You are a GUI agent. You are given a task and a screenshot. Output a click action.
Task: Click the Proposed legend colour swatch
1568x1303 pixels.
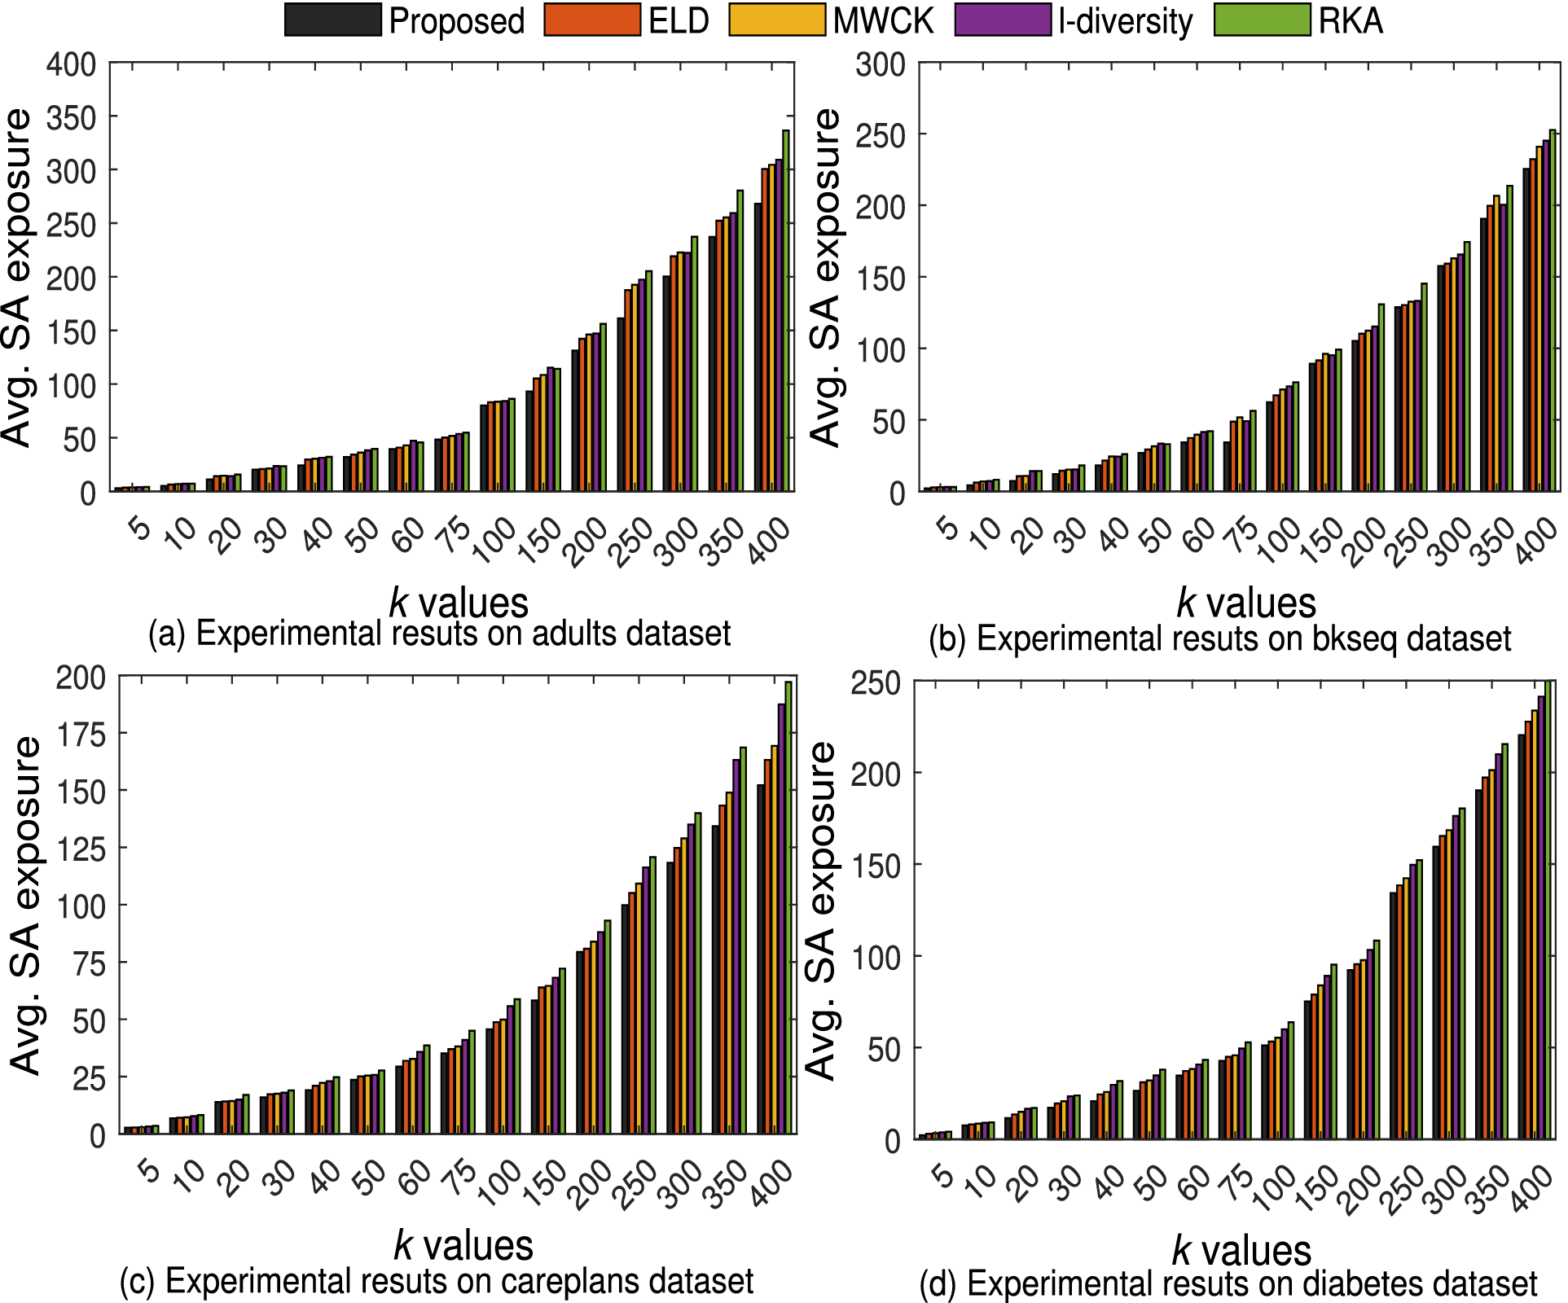332,20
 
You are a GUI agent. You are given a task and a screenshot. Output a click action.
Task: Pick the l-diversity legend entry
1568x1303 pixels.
1125,20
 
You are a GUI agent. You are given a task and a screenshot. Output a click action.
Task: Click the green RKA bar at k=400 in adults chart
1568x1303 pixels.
786,309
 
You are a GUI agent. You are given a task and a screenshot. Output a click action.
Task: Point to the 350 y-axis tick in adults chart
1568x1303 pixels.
71,118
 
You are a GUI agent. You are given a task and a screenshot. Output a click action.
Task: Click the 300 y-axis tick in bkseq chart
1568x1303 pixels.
881,64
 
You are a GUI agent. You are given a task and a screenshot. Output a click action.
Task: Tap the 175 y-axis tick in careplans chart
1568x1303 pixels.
81,735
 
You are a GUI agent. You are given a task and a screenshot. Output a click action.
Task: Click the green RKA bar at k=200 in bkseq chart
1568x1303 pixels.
1381,397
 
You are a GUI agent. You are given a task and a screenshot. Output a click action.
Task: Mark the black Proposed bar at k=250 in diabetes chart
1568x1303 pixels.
1394,1014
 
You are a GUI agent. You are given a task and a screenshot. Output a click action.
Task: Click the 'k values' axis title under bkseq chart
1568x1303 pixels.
1246,603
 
